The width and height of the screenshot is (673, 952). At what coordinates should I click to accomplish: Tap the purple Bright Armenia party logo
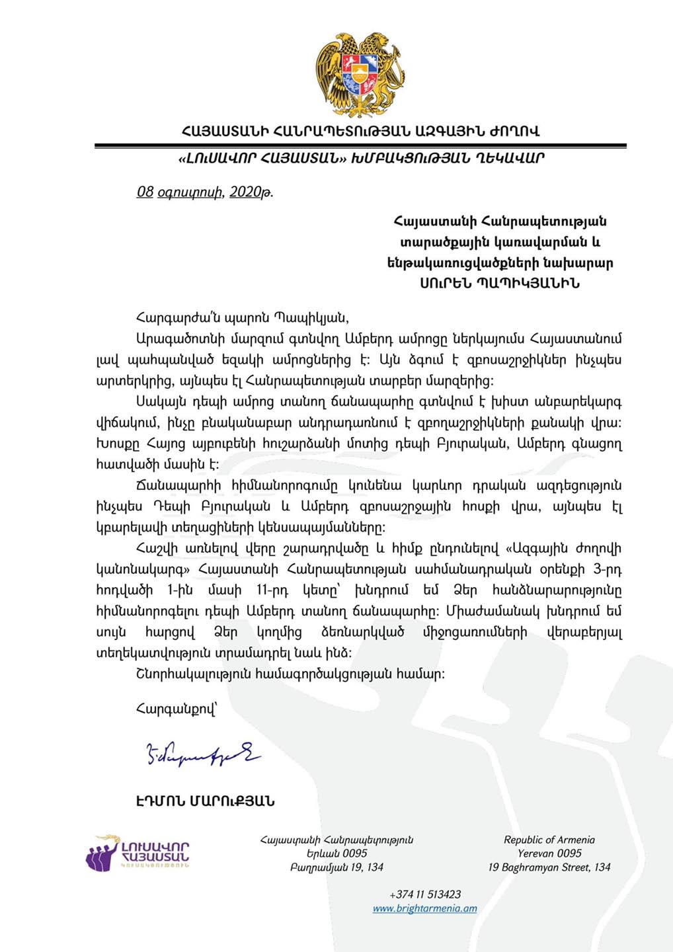pyautogui.click(x=138, y=852)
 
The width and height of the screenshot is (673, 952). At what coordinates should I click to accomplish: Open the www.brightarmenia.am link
pyautogui.click(x=424, y=908)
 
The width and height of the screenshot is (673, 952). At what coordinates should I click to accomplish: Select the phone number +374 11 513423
pyautogui.click(x=425, y=894)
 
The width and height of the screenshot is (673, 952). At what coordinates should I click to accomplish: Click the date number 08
pyautogui.click(x=145, y=192)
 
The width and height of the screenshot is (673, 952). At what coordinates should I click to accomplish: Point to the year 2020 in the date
pyautogui.click(x=246, y=192)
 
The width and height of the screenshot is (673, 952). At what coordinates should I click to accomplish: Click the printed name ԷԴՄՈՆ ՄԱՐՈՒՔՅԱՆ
pyautogui.click(x=205, y=801)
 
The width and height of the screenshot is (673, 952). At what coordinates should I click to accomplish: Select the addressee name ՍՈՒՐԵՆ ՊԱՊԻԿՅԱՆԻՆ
pyautogui.click(x=500, y=284)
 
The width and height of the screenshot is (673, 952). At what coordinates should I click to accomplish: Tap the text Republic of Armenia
pyautogui.click(x=549, y=840)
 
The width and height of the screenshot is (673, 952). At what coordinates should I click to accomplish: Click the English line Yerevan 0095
pyautogui.click(x=549, y=853)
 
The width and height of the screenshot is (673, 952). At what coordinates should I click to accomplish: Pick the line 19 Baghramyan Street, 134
pyautogui.click(x=549, y=867)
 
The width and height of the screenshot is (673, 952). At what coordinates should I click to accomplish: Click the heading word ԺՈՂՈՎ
pyautogui.click(x=514, y=131)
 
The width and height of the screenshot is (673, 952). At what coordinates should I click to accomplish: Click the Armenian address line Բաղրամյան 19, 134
pyautogui.click(x=336, y=867)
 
